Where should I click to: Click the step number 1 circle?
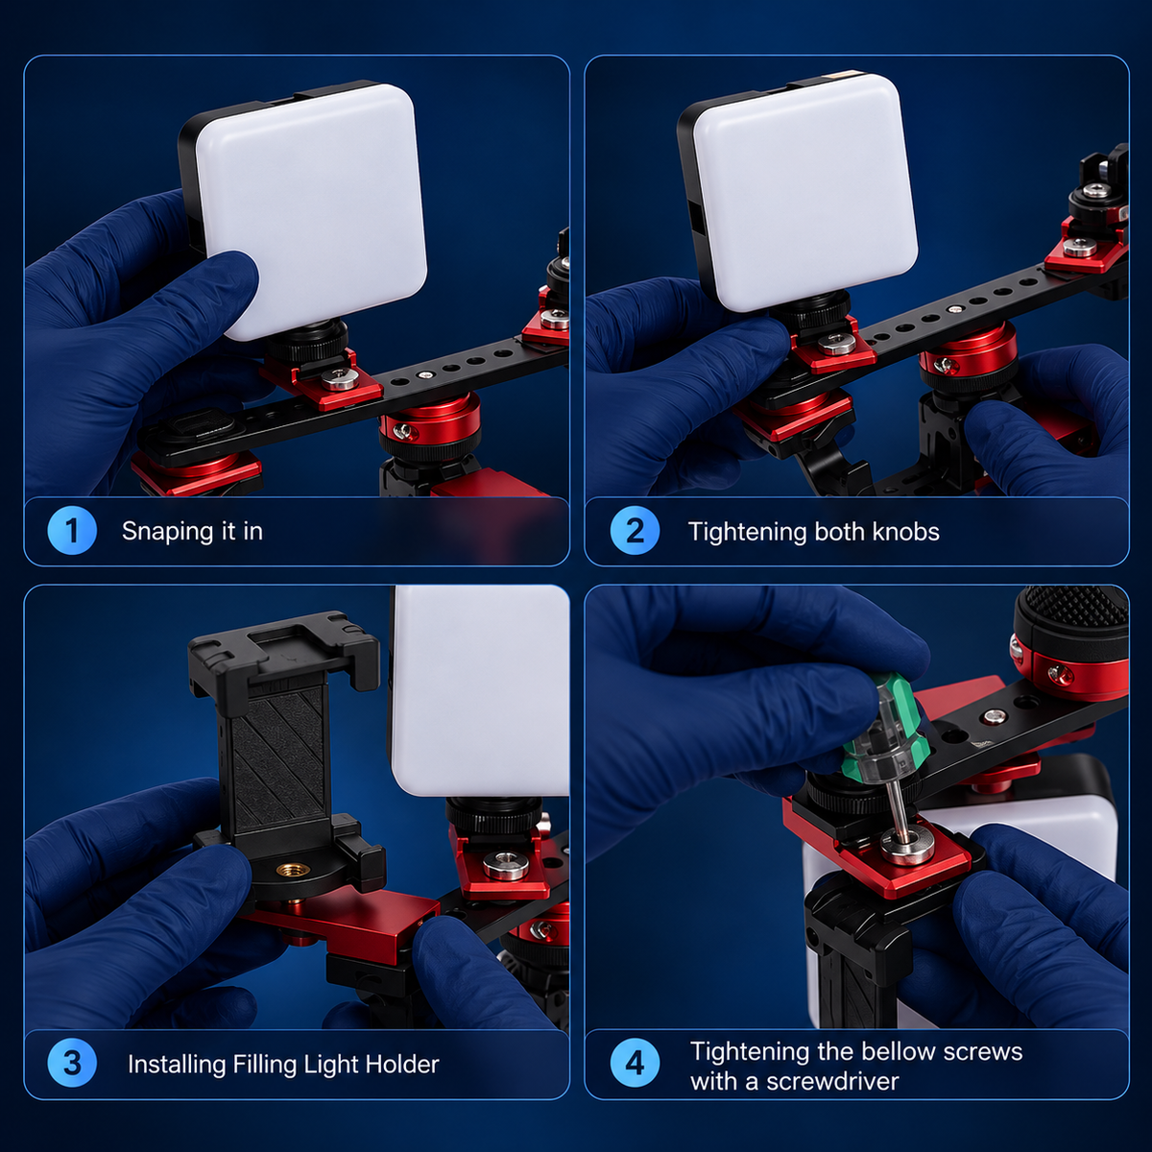72,531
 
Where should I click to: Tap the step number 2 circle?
635,531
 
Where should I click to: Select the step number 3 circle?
72,1064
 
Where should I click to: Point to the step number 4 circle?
635,1064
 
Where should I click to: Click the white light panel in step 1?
311,209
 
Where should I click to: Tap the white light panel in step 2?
805,191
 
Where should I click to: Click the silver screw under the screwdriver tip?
907,845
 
